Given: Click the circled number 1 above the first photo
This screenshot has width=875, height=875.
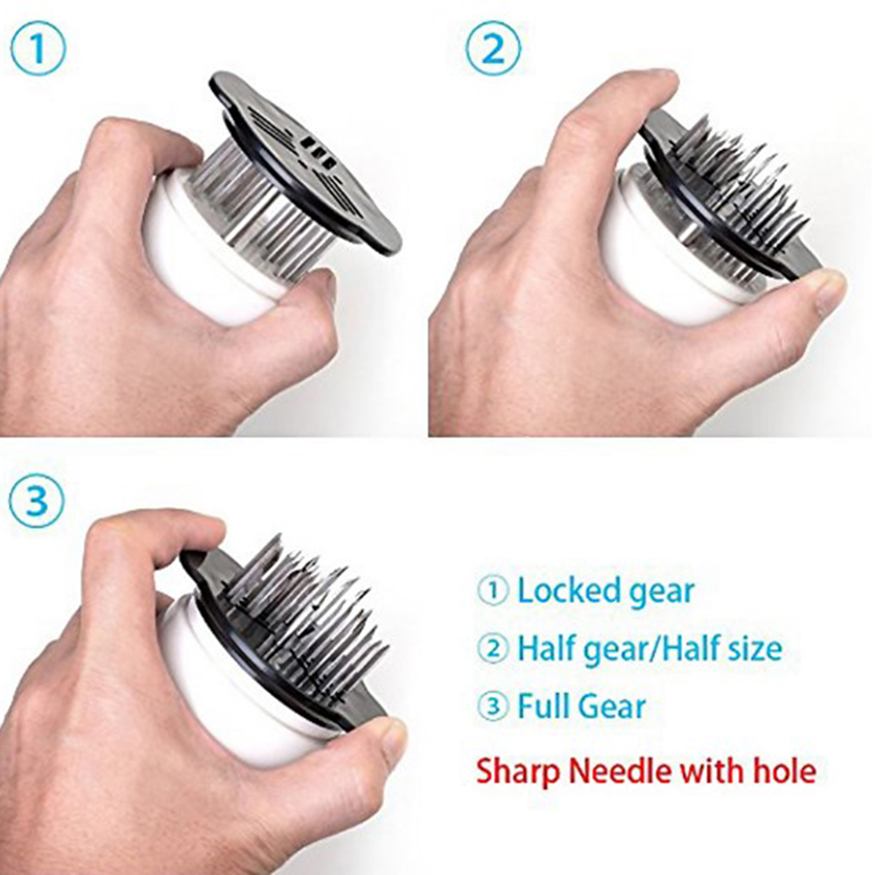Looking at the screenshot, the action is [x=38, y=49].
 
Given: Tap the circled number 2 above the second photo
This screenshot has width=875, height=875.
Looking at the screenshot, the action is [x=493, y=49].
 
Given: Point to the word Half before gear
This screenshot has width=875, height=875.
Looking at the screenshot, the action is [x=546, y=649].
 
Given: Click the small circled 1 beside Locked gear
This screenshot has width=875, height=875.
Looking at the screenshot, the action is [x=493, y=591].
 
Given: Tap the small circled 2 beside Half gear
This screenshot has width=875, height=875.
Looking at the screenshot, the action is [x=493, y=649].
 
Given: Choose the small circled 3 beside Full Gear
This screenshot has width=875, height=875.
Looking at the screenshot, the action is [x=493, y=706].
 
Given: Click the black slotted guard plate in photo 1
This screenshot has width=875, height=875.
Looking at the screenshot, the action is [x=304, y=162].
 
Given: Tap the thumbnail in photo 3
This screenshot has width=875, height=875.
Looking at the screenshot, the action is [x=394, y=738].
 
